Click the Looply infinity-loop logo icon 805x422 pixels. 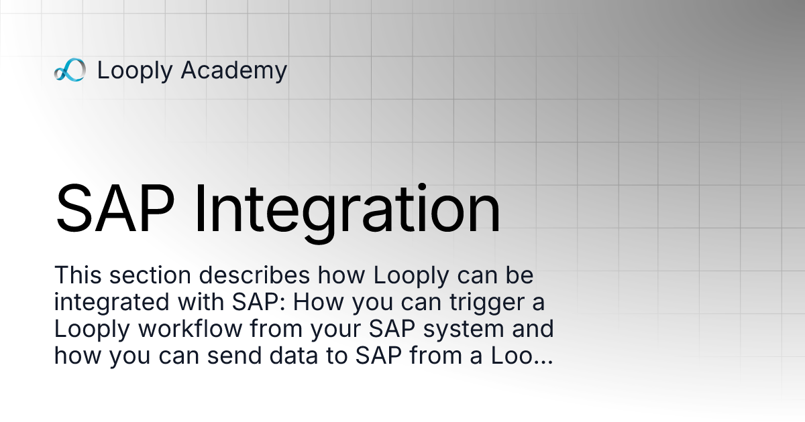coord(70,70)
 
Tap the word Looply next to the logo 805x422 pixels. coord(134,70)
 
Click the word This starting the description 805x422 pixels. coord(75,276)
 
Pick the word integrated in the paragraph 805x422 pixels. coord(113,303)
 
